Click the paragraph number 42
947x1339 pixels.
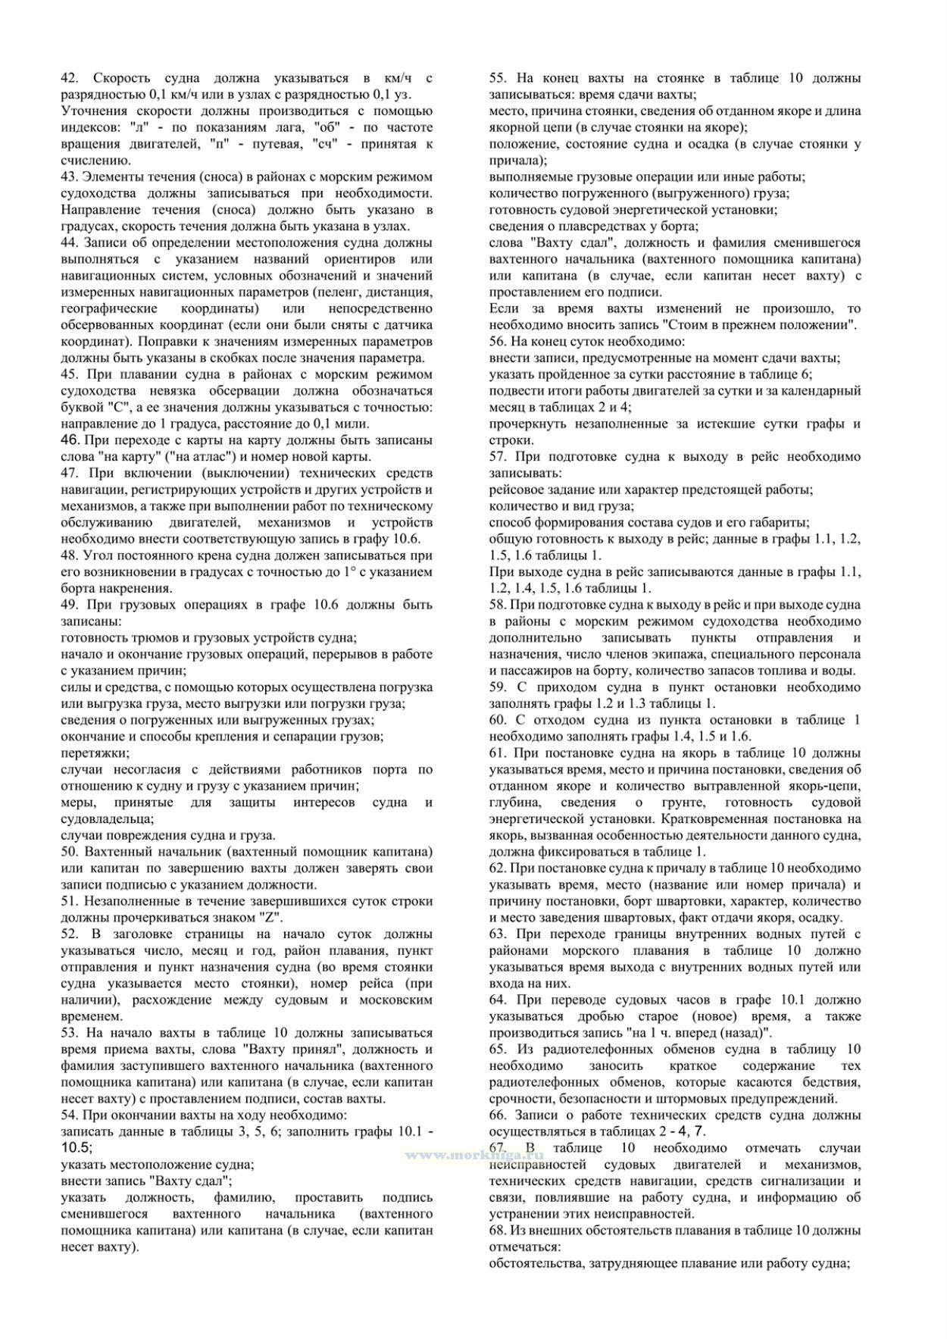point(69,78)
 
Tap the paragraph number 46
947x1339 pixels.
point(70,440)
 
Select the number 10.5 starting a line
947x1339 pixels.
point(75,1148)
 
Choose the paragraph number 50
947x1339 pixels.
point(69,852)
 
